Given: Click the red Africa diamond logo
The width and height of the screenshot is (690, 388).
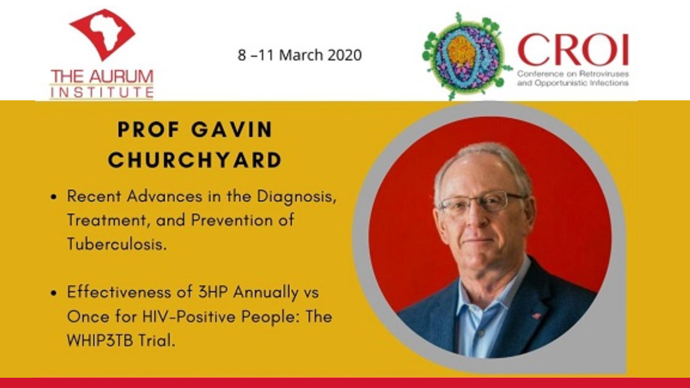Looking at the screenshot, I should (102, 34).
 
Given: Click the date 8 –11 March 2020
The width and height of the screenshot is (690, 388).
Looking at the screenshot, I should (300, 56).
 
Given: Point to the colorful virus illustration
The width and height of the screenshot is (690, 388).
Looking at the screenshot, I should (465, 55).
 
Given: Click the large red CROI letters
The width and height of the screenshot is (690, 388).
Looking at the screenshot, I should (573, 50).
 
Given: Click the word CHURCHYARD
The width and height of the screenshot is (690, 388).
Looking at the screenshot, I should (195, 160).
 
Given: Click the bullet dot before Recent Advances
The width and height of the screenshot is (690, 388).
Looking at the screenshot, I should (54, 198).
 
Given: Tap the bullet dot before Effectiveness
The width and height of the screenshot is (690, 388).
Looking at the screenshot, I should (54, 293).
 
